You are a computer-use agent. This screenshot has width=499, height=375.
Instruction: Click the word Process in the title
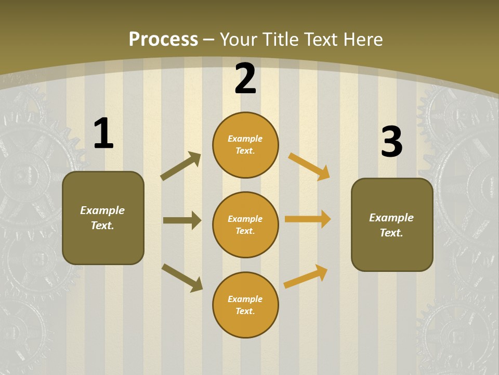[163, 39]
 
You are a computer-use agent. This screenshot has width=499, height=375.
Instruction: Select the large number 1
[103, 134]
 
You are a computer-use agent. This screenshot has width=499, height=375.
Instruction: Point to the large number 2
[245, 79]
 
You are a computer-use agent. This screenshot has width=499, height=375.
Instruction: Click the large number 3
[391, 142]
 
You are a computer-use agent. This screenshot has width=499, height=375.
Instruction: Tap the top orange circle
[245, 145]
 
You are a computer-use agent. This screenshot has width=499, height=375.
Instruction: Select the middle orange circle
[245, 225]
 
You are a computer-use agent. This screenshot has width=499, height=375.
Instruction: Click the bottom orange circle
[245, 305]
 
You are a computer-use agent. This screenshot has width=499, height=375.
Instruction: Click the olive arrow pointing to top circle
[181, 166]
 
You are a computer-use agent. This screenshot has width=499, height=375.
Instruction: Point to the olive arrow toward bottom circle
[182, 278]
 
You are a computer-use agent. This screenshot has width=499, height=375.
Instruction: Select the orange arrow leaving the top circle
[309, 167]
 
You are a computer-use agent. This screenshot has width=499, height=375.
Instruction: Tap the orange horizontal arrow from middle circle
[308, 219]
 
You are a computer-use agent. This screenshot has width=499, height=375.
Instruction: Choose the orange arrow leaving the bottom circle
[306, 277]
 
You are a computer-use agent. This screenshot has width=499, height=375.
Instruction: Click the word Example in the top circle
[245, 139]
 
